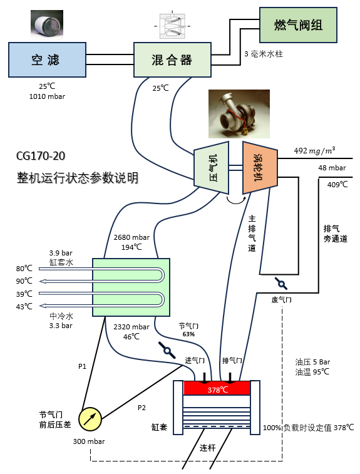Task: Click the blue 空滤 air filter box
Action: pyautogui.click(x=46, y=60)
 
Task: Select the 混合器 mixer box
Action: pyautogui.click(x=172, y=60)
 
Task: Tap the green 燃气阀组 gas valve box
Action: pyautogui.click(x=299, y=25)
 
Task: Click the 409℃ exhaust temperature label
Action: pyautogui.click(x=337, y=185)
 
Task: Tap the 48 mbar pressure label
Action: pyautogui.click(x=332, y=168)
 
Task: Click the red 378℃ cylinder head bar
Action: pyautogui.click(x=217, y=389)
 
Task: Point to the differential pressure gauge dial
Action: pyautogui.click(x=90, y=418)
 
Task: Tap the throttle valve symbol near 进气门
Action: pyautogui.click(x=167, y=349)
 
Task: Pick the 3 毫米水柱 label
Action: pyautogui.click(x=264, y=54)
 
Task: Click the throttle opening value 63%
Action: pyautogui.click(x=188, y=334)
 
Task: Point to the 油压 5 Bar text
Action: pyautogui.click(x=312, y=361)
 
